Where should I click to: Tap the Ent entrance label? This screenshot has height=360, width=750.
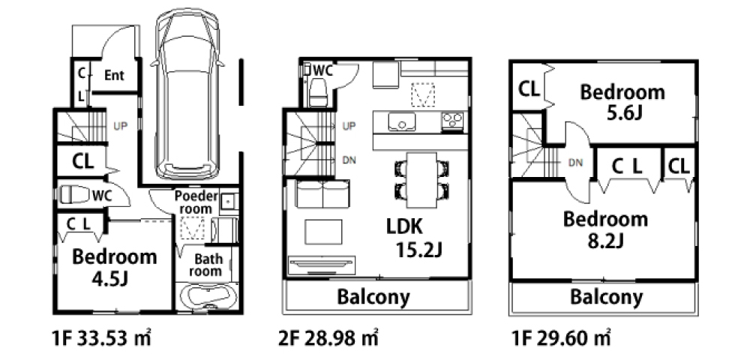[x=114, y=75]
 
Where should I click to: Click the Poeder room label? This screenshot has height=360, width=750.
[x=196, y=202]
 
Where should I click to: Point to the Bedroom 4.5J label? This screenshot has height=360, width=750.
[x=114, y=267]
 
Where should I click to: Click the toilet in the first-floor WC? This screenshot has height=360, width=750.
[x=74, y=195]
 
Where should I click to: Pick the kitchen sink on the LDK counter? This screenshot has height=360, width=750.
[x=401, y=122]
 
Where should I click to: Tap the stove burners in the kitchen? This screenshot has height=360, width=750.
[x=452, y=121]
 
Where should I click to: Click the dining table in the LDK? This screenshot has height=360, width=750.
[x=421, y=180]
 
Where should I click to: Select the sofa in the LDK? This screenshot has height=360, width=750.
[x=322, y=193]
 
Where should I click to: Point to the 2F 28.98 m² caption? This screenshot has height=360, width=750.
[x=328, y=338]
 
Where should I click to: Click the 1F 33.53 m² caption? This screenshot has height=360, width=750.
[x=101, y=338]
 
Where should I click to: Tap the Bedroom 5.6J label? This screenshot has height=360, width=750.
[x=622, y=102]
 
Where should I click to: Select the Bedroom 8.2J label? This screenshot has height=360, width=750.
[x=605, y=229]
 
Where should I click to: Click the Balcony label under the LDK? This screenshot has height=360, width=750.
[x=373, y=297]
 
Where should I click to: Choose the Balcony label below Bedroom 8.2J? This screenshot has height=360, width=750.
[x=606, y=297]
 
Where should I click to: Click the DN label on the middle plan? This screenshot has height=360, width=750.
[x=349, y=160]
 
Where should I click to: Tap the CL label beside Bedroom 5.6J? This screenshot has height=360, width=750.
[x=529, y=88]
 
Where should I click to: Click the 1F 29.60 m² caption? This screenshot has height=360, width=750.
[x=561, y=338]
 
